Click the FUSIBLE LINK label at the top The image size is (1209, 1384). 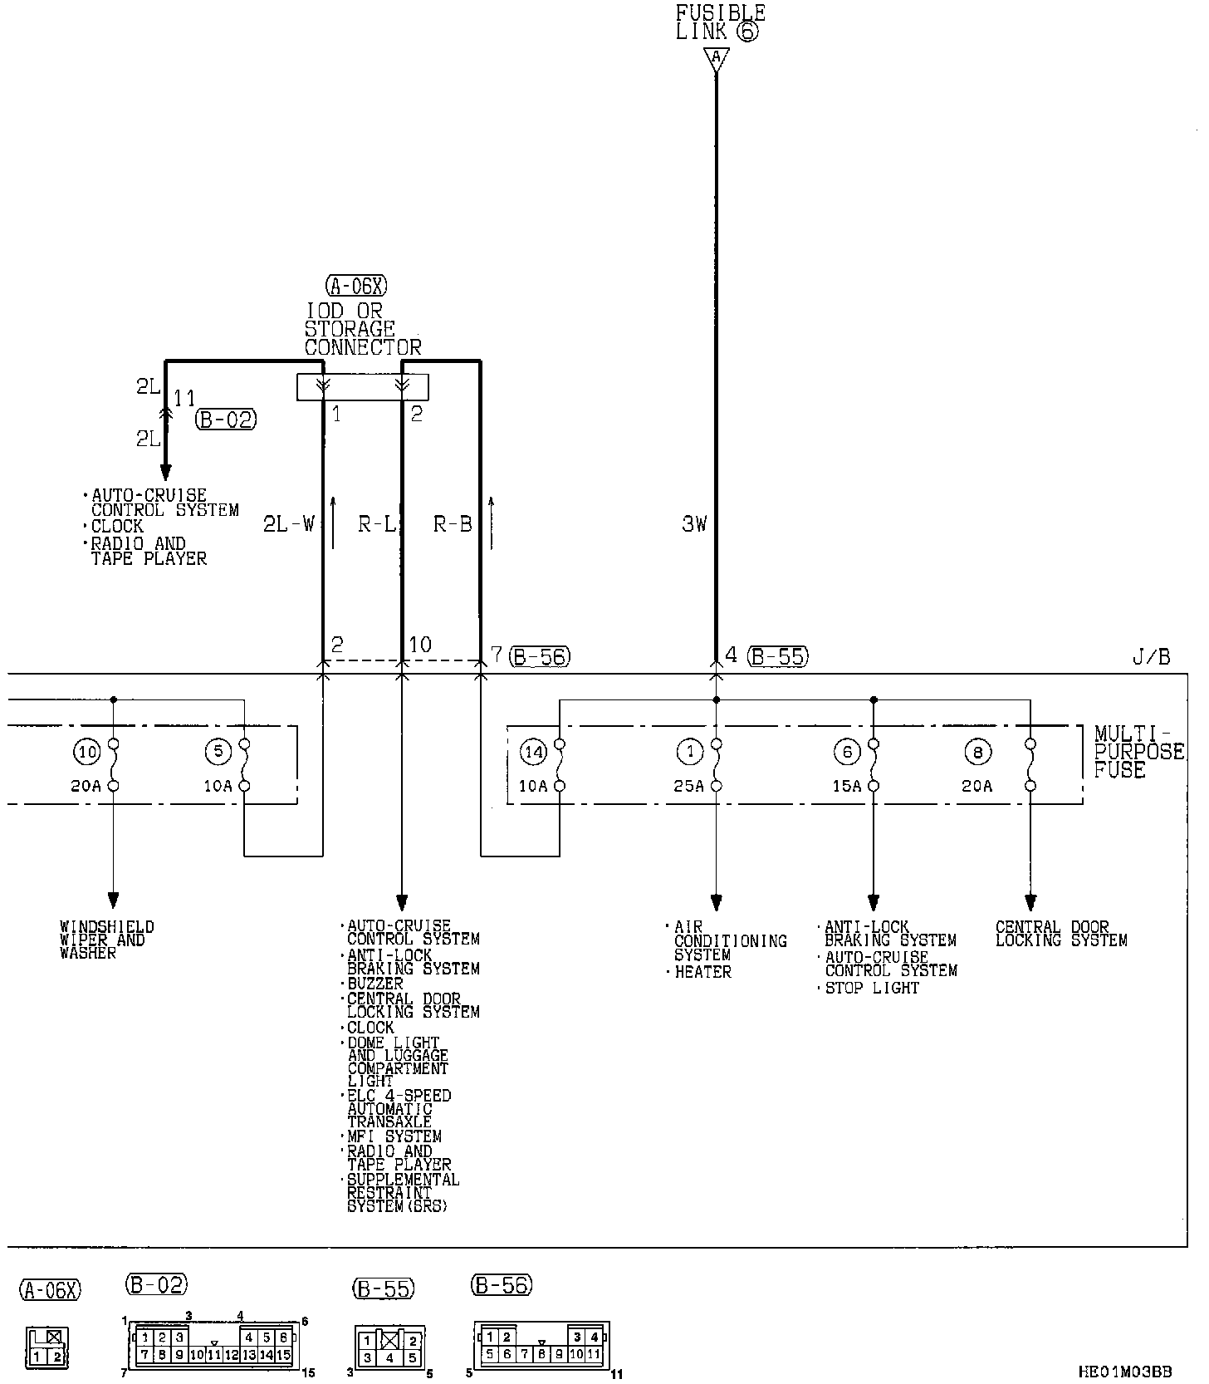click(719, 22)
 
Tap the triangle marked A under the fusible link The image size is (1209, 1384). click(716, 59)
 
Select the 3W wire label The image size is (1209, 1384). click(694, 523)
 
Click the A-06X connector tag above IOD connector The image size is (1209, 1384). click(357, 287)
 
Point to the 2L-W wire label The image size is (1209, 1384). click(289, 523)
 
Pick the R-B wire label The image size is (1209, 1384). click(453, 523)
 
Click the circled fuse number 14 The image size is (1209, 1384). click(533, 753)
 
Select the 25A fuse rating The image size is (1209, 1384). click(688, 786)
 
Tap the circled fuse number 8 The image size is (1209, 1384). click(977, 753)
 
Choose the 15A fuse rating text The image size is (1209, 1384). click(847, 786)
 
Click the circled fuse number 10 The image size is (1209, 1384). click(86, 753)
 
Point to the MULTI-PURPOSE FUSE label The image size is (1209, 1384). click(1138, 752)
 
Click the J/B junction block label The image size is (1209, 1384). click(1151, 657)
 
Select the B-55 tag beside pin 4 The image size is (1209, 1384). click(778, 656)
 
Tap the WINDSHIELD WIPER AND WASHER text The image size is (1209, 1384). click(106, 940)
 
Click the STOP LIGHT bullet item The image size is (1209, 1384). click(871, 988)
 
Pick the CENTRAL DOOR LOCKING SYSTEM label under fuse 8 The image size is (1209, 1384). click(1060, 934)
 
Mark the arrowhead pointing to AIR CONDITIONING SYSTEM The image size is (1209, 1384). click(716, 903)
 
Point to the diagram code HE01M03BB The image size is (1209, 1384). click(1137, 1372)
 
